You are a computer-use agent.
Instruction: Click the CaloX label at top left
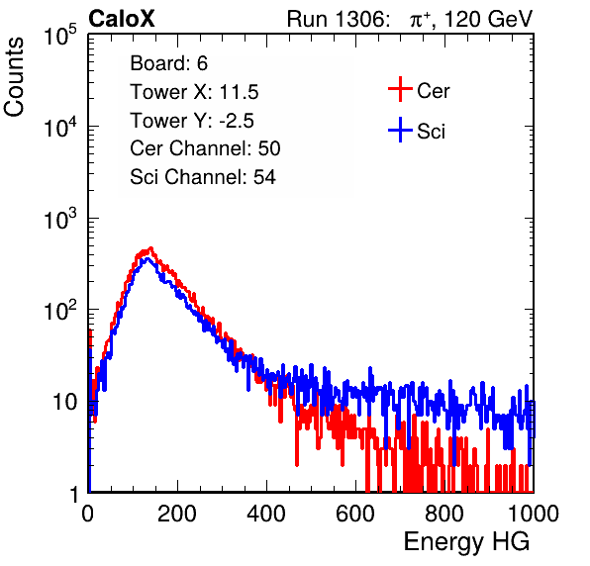[121, 19]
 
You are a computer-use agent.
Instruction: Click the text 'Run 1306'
[336, 19]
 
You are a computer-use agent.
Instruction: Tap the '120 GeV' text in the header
[488, 19]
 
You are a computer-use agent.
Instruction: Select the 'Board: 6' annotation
[168, 63]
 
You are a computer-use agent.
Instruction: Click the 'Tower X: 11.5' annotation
[194, 92]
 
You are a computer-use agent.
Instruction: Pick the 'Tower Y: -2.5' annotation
[192, 121]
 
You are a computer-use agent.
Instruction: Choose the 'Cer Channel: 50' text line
[205, 148]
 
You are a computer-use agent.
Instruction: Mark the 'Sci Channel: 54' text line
[203, 177]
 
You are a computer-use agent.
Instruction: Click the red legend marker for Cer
[400, 89]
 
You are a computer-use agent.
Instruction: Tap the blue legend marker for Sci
[400, 131]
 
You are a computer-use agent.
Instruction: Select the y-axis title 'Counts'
[14, 77]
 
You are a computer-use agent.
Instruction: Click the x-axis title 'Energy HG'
[466, 542]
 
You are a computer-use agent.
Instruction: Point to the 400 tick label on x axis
[266, 514]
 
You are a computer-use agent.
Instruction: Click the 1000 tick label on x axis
[534, 514]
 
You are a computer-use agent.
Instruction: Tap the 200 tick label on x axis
[177, 514]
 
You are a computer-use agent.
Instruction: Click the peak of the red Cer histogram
[150, 247]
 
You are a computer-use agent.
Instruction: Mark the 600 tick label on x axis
[355, 514]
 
